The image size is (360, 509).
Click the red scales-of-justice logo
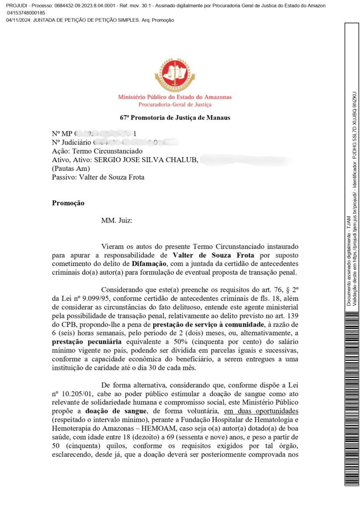pyautogui.click(x=175, y=75)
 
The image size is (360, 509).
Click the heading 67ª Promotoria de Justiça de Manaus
pyautogui.click(x=175, y=118)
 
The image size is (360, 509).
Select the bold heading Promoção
pyautogui.click(x=68, y=203)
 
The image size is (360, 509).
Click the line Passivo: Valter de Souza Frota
pyautogui.click(x=98, y=177)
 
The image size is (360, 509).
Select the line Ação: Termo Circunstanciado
pyautogui.click(x=97, y=151)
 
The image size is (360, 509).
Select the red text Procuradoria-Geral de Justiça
pyautogui.click(x=175, y=104)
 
